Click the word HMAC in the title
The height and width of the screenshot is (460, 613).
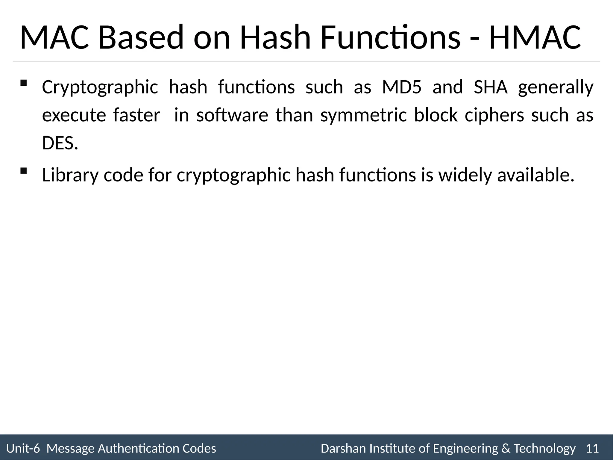point(535,38)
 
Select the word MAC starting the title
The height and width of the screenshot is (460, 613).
point(54,38)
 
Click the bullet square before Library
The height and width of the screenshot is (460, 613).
point(23,171)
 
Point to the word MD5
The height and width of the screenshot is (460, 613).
point(402,87)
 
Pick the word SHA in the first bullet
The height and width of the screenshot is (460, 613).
point(491,87)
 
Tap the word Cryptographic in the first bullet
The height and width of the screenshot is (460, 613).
point(100,88)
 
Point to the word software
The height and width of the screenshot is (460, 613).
point(232,115)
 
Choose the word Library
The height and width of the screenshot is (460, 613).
point(70,175)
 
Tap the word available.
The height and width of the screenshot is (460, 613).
point(536,175)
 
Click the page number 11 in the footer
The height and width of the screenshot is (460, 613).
point(592,449)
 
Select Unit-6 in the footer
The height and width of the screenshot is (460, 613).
point(23,449)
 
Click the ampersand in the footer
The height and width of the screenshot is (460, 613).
point(506,449)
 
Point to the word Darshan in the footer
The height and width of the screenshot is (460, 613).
point(344,449)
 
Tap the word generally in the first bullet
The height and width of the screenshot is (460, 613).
point(556,88)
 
